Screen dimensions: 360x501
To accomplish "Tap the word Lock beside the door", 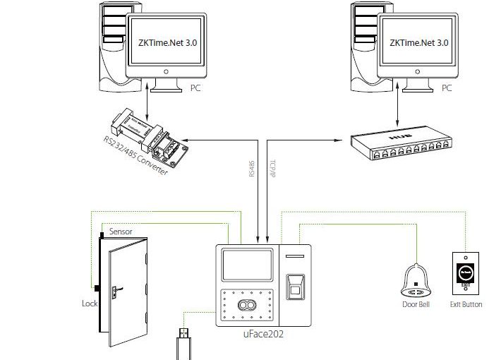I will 90,304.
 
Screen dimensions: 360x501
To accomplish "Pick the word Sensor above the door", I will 121,231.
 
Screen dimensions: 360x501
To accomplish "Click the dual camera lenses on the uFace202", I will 247,306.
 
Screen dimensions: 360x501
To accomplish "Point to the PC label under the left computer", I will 195,88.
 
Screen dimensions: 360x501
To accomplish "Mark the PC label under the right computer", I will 447,88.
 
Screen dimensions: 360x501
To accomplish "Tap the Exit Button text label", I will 466,304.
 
